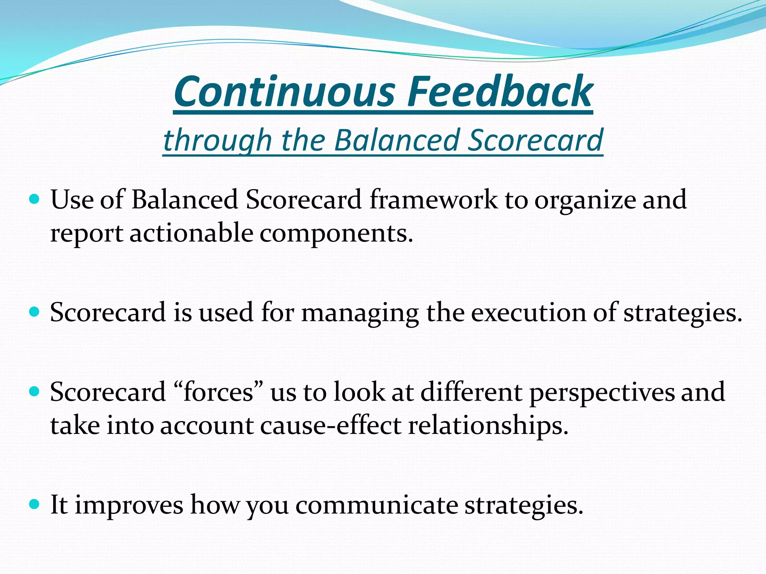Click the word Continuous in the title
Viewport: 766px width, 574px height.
[285, 92]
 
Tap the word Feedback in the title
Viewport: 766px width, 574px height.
[500, 92]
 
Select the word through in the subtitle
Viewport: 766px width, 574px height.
[217, 140]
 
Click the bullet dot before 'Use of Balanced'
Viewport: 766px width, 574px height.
[34, 199]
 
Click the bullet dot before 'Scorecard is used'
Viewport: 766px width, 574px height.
[34, 312]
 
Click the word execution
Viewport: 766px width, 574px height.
[528, 312]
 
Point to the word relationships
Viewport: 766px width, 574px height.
[488, 426]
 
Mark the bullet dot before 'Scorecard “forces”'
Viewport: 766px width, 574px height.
[34, 392]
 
